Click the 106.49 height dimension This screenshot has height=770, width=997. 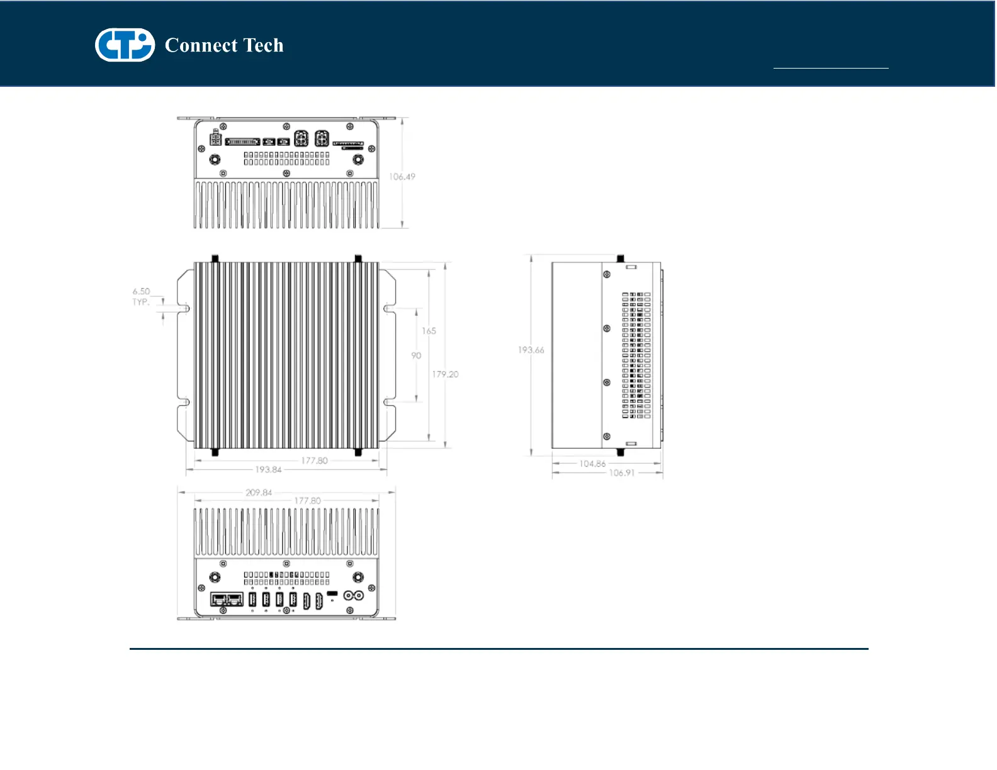pyautogui.click(x=402, y=177)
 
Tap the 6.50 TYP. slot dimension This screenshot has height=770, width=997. pyautogui.click(x=141, y=296)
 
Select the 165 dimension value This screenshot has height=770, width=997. pyautogui.click(x=429, y=331)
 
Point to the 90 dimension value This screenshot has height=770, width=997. pyautogui.click(x=416, y=356)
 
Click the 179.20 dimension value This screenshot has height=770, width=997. pyautogui.click(x=445, y=374)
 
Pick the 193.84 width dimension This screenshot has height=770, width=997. pyautogui.click(x=268, y=470)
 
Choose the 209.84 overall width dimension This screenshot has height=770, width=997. pyautogui.click(x=259, y=493)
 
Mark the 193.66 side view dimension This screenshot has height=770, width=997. pyautogui.click(x=531, y=350)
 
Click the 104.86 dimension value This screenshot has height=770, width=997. pyautogui.click(x=592, y=464)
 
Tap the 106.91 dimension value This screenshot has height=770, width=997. pyautogui.click(x=621, y=473)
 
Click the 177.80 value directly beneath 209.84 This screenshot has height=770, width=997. pyautogui.click(x=307, y=501)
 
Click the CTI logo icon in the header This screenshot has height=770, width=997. pyautogui.click(x=125, y=45)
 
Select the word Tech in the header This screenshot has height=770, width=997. pyautogui.click(x=263, y=45)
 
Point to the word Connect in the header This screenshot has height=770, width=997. pyautogui.click(x=201, y=45)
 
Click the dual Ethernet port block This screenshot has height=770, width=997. pyautogui.click(x=227, y=600)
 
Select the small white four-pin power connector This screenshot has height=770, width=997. pyautogui.click(x=216, y=138)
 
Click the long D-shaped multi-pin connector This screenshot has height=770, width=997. pyautogui.click(x=242, y=142)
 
